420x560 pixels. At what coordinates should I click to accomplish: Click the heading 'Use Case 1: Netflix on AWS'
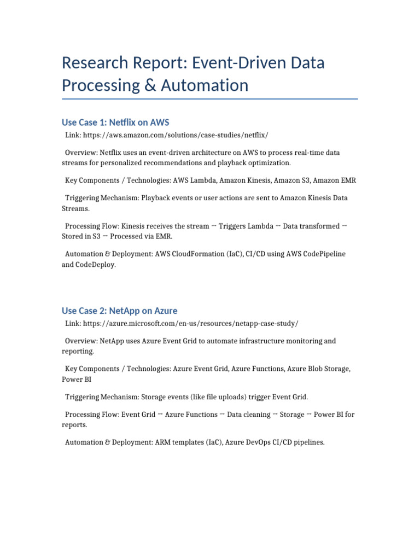(x=115, y=122)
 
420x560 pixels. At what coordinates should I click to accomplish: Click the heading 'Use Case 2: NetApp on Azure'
(x=119, y=311)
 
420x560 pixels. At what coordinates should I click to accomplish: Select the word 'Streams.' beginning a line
(x=76, y=208)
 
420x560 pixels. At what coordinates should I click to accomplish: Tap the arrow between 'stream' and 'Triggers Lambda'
(x=214, y=226)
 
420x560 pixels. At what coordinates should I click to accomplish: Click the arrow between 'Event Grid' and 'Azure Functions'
(x=160, y=415)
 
